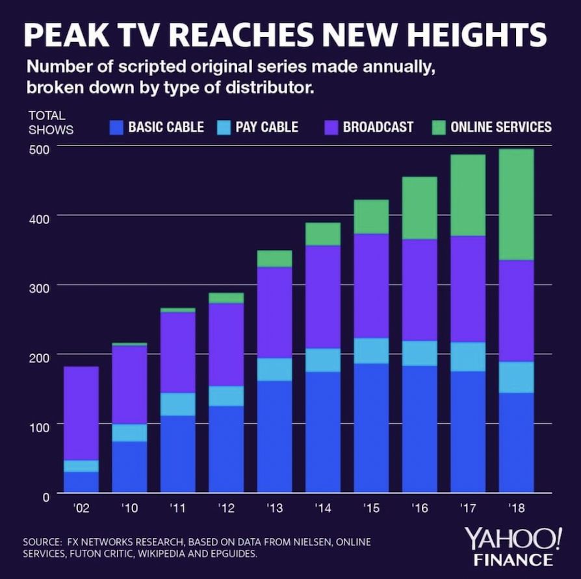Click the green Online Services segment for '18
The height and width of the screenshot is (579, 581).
[516, 204]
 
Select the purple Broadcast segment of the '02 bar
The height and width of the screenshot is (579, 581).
[81, 413]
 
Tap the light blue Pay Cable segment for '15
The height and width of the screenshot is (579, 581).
[371, 351]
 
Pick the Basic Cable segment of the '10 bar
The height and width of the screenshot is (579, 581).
[129, 467]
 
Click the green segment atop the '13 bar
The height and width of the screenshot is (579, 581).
[274, 259]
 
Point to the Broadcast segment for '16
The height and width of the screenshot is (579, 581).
[419, 290]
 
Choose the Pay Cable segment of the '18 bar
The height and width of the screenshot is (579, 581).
[516, 377]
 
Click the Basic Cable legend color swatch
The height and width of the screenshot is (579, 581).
[116, 128]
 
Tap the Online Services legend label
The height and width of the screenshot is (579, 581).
[501, 127]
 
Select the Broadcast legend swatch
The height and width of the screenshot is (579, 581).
[331, 128]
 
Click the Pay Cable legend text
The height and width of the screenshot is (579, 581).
[267, 127]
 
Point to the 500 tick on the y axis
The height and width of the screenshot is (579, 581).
[38, 150]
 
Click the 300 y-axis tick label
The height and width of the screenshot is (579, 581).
[38, 288]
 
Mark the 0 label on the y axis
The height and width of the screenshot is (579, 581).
[45, 497]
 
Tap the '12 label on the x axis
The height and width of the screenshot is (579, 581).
[226, 508]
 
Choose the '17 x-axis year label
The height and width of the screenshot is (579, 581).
[468, 508]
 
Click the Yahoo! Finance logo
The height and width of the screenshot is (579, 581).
[513, 547]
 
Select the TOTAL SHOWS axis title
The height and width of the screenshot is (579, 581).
[51, 123]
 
